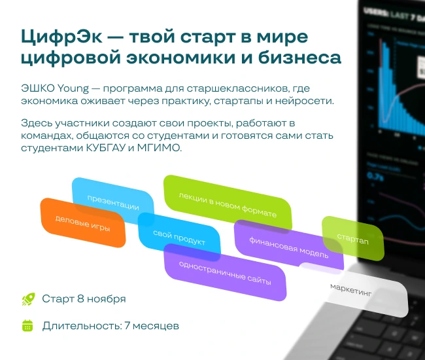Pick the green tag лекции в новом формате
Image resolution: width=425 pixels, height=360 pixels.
[x=228, y=205]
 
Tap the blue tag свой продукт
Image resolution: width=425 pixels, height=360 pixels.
[x=179, y=238]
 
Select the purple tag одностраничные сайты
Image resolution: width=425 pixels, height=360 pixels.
[x=224, y=271]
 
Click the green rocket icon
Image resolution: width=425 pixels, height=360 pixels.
[x=27, y=299]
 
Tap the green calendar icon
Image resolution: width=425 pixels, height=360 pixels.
[x=27, y=325]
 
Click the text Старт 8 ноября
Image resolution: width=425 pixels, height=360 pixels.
[x=84, y=299]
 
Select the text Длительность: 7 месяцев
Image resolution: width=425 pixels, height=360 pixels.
[x=110, y=325]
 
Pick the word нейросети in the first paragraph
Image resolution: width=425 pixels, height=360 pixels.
[x=307, y=101]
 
